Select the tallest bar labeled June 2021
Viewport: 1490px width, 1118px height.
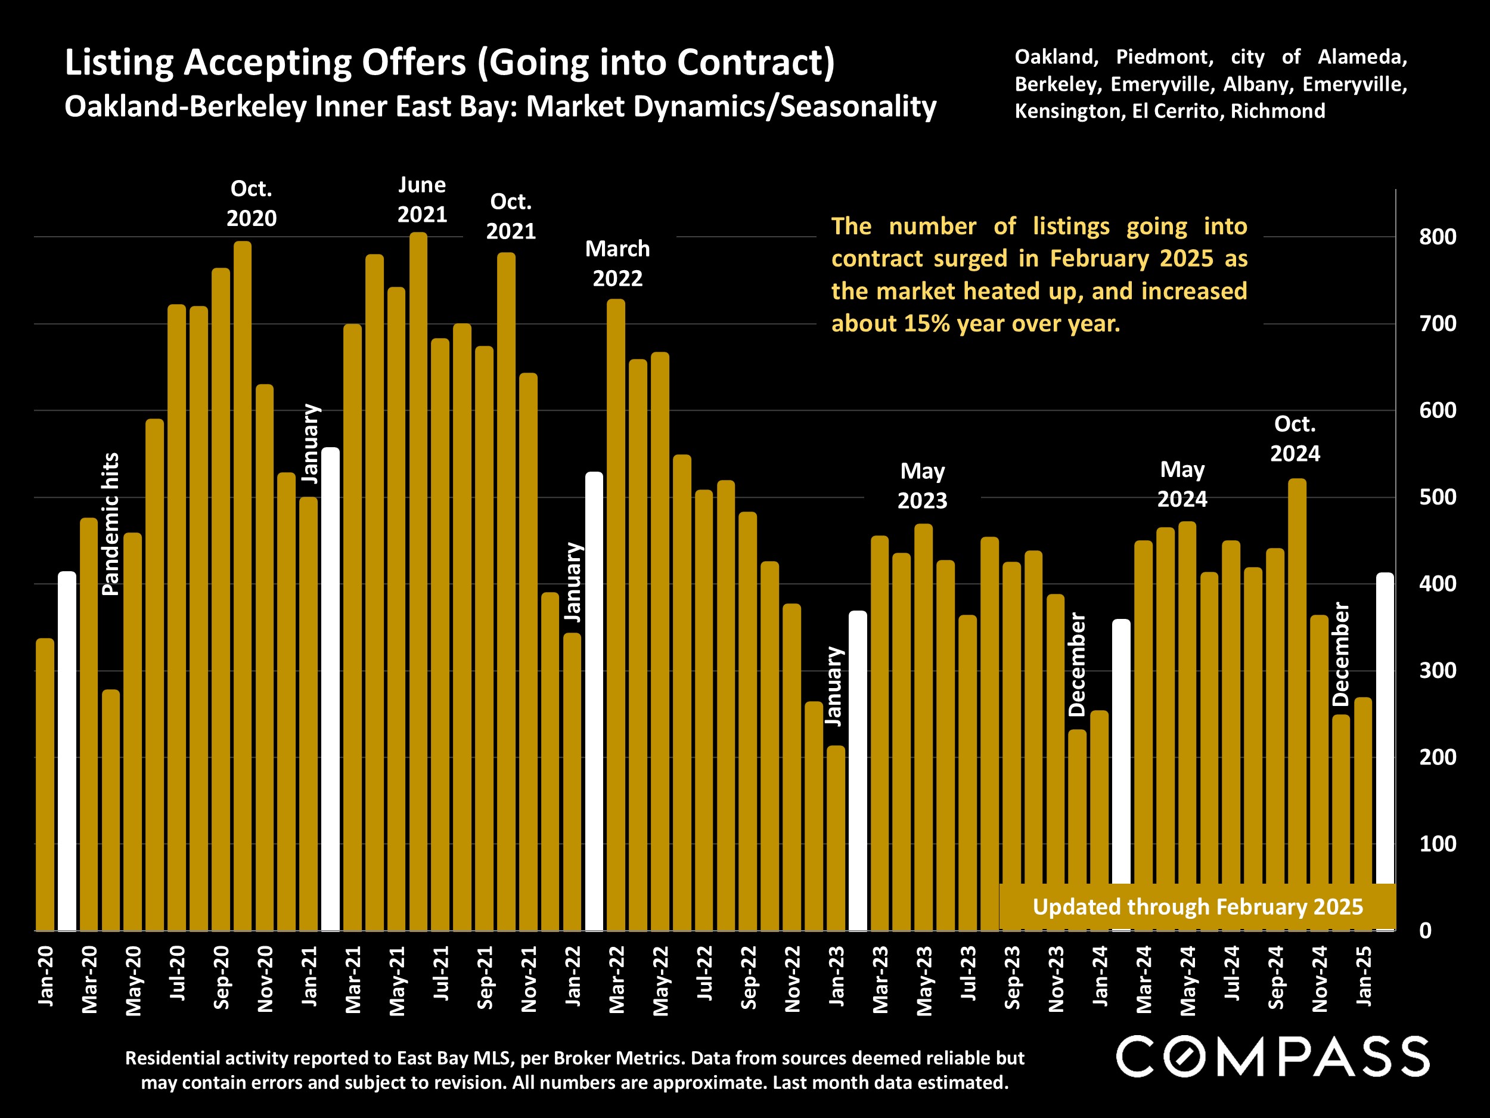(418, 580)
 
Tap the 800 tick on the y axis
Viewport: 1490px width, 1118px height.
(1438, 237)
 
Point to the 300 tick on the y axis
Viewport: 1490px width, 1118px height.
(1438, 671)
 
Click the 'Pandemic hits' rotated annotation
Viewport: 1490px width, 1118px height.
(110, 524)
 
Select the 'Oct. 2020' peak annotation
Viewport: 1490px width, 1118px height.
(252, 203)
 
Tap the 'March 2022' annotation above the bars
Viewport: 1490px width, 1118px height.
(617, 264)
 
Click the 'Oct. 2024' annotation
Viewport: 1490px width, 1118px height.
(1295, 439)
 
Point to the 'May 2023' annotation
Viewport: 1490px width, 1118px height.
(922, 486)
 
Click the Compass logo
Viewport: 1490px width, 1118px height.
(1272, 1057)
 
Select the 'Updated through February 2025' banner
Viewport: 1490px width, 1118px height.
(1197, 907)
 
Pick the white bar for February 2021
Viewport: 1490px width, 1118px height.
(331, 687)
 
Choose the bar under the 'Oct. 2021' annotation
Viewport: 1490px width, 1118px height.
(507, 593)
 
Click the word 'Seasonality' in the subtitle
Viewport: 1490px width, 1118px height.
(858, 107)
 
